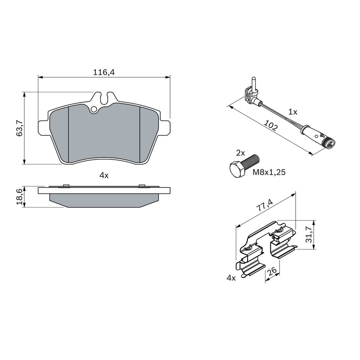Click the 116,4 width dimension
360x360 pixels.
tap(103, 72)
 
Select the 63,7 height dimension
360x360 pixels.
tap(19, 128)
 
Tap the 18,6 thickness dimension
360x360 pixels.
tap(19, 197)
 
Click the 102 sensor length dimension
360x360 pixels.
tap(271, 125)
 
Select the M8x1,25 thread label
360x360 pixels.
tap(269, 172)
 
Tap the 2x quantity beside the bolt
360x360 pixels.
tap(241, 153)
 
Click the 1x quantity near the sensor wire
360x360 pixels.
tap(293, 112)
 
